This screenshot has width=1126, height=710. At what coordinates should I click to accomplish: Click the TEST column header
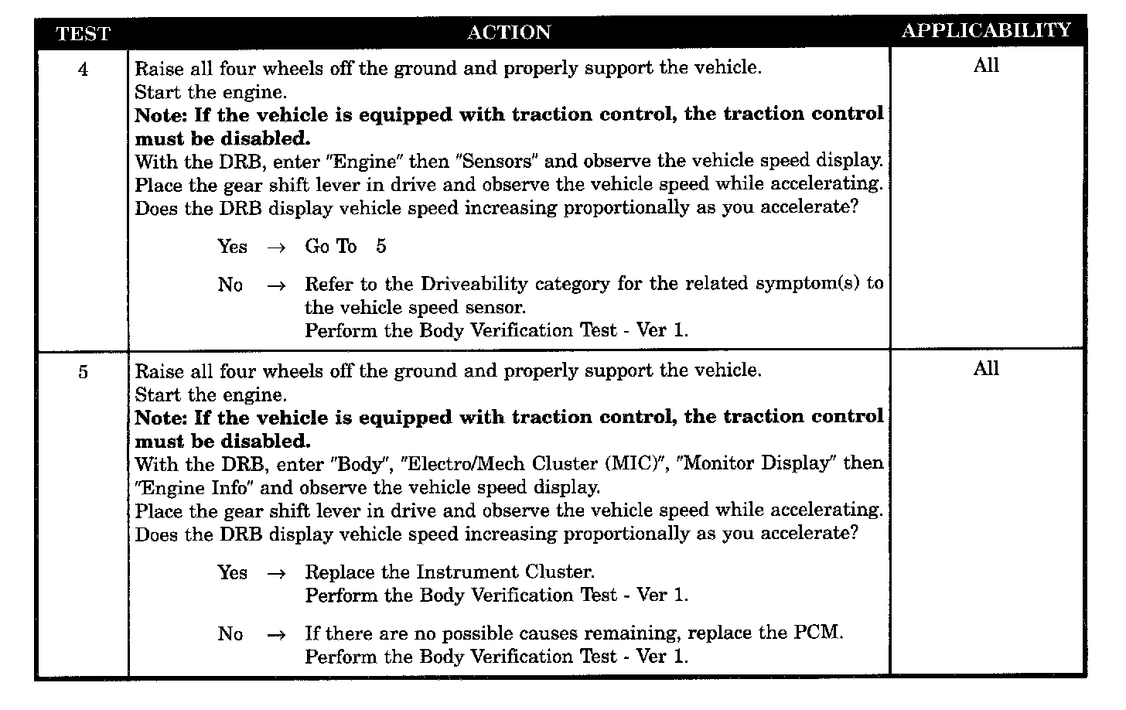pyautogui.click(x=83, y=34)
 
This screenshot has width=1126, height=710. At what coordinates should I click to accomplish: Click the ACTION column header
pyautogui.click(x=509, y=32)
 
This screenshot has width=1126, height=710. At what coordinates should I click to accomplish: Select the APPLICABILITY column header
pyautogui.click(x=986, y=31)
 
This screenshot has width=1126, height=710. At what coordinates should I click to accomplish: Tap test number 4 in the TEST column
pyautogui.click(x=83, y=70)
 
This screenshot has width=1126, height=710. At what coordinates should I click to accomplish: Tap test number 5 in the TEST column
pyautogui.click(x=83, y=373)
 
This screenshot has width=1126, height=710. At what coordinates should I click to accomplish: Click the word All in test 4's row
pyautogui.click(x=986, y=66)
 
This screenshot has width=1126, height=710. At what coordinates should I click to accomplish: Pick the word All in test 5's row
pyautogui.click(x=986, y=369)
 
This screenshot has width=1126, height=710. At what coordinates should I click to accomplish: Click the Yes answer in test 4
pyautogui.click(x=232, y=247)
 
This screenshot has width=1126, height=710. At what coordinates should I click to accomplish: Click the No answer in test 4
pyautogui.click(x=230, y=285)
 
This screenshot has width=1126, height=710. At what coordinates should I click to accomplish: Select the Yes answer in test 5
pyautogui.click(x=232, y=573)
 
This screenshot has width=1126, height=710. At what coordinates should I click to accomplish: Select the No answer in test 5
pyautogui.click(x=230, y=634)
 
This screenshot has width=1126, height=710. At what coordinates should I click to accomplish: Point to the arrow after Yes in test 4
pyautogui.click(x=276, y=247)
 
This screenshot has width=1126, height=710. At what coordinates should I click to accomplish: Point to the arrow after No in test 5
pyautogui.click(x=276, y=635)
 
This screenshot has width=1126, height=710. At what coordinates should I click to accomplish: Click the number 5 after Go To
pyautogui.click(x=381, y=247)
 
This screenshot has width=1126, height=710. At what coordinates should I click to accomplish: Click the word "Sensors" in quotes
pyautogui.click(x=496, y=161)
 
